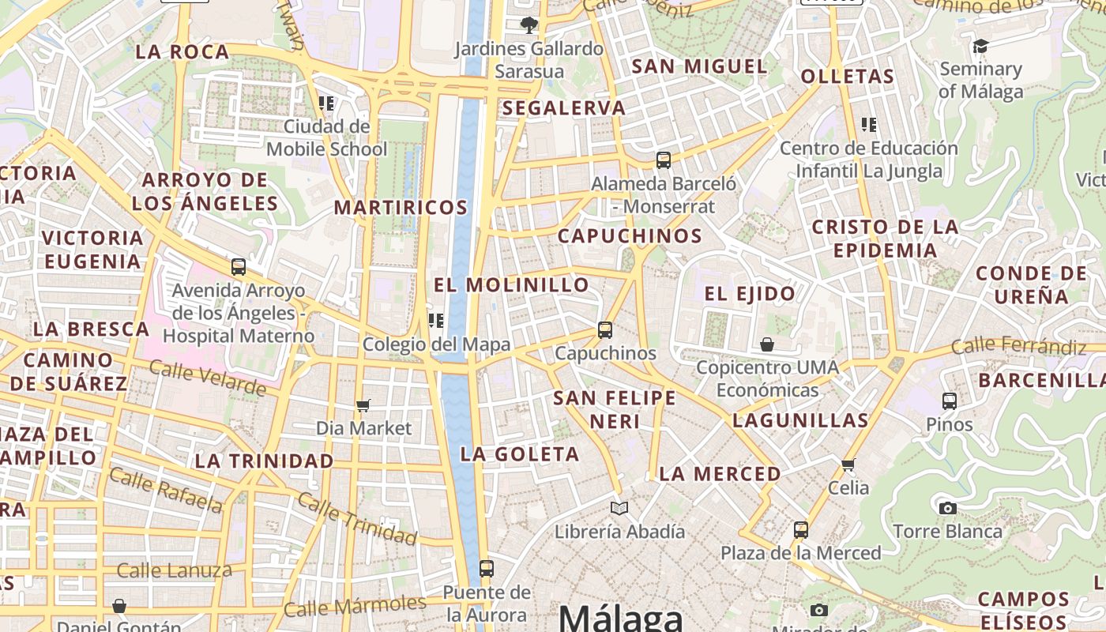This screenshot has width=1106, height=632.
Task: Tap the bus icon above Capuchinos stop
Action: click(x=605, y=330)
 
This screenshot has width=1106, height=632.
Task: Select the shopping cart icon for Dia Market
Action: click(x=363, y=405)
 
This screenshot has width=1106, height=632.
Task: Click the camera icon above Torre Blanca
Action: click(x=948, y=508)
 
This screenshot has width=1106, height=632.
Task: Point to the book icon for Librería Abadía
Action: click(x=619, y=508)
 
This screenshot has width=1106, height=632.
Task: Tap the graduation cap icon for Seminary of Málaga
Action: click(x=980, y=47)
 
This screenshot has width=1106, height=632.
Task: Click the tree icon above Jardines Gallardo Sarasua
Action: click(x=529, y=25)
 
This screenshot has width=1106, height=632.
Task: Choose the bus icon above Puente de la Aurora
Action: click(x=487, y=568)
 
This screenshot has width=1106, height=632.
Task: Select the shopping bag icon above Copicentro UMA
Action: click(x=767, y=344)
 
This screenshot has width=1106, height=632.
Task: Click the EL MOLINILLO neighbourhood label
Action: click(x=512, y=284)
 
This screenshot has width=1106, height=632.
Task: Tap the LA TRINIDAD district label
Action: click(x=264, y=461)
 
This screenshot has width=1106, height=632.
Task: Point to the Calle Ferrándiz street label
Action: click(x=1018, y=345)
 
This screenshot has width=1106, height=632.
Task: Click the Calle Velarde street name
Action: click(x=207, y=378)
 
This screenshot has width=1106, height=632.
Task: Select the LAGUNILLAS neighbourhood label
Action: click(x=800, y=420)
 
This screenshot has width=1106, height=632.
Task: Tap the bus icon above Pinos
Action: click(x=950, y=401)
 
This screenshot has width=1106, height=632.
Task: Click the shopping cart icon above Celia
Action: click(x=848, y=465)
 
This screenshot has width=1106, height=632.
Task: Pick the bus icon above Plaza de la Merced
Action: click(x=801, y=529)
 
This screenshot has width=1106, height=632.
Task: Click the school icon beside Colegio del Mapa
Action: click(x=435, y=321)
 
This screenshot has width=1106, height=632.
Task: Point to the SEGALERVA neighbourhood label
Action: click(x=563, y=108)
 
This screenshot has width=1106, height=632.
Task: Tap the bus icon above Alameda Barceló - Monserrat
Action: click(x=664, y=160)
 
